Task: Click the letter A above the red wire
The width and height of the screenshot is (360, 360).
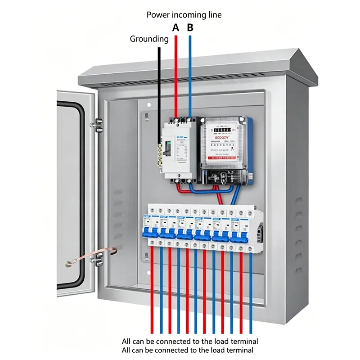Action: pos(176,28)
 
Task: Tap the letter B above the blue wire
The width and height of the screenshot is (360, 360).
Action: pos(190,28)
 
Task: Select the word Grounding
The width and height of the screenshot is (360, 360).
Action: pos(149,39)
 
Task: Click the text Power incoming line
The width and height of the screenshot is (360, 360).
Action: pos(184,15)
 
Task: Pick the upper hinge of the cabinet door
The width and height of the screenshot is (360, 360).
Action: pos(98,122)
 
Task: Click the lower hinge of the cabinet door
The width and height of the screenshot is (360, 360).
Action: pos(98,258)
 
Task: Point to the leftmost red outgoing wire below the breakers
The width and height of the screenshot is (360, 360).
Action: pos(152,292)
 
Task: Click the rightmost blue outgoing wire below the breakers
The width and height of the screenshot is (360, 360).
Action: pos(251,292)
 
